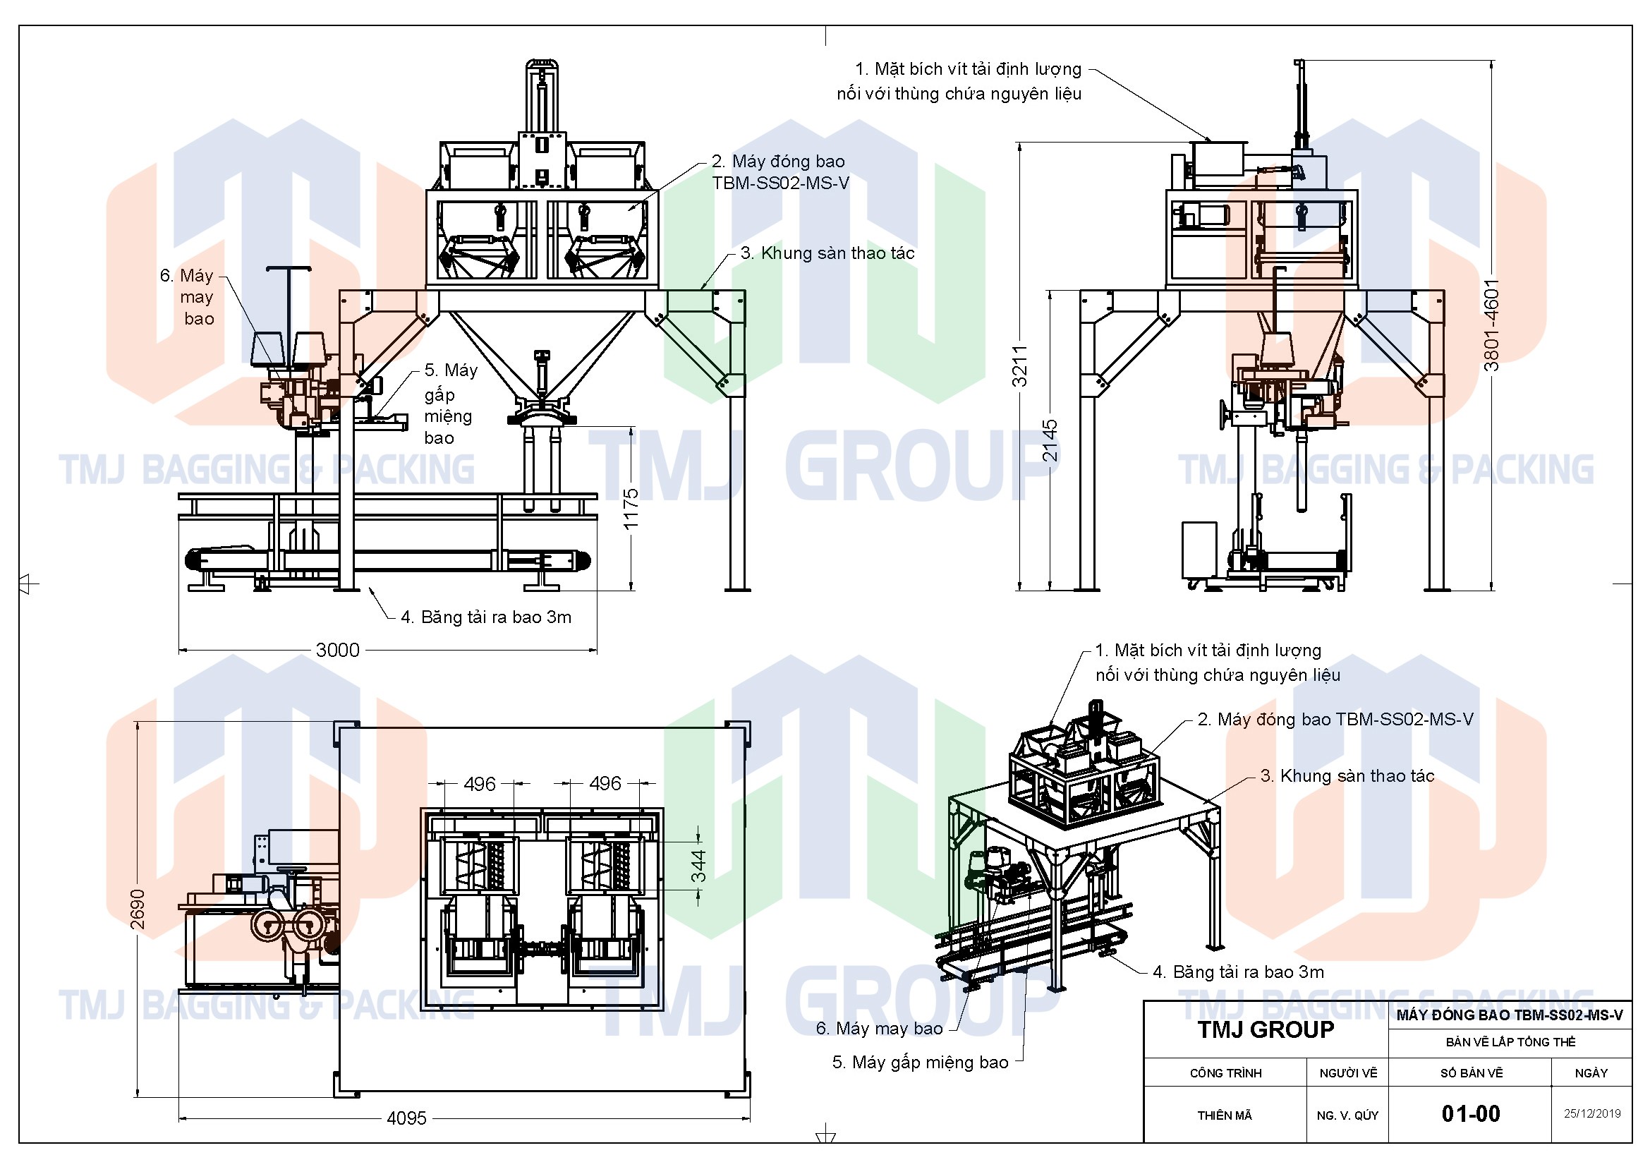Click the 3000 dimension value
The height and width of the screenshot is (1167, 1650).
[x=337, y=650]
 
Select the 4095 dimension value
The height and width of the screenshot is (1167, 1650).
[x=406, y=1118]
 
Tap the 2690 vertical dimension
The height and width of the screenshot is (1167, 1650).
[x=138, y=909]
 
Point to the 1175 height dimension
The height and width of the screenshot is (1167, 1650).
[x=631, y=509]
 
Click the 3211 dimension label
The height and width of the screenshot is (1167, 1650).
[x=1020, y=365]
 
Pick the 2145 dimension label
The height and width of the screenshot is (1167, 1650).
[x=1050, y=440]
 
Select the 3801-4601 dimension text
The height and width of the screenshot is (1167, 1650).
[x=1492, y=325]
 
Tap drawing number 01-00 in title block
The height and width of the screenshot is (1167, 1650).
[x=1470, y=1114]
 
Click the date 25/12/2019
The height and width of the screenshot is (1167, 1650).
[x=1591, y=1113]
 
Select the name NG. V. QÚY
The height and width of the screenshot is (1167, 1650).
[x=1347, y=1115]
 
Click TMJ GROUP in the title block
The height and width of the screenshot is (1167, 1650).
[x=1266, y=1029]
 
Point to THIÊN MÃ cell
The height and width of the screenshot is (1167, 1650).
[x=1225, y=1115]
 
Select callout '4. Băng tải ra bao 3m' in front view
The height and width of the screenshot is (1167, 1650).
[x=486, y=617]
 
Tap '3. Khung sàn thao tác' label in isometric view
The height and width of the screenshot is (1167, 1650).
[x=1347, y=776]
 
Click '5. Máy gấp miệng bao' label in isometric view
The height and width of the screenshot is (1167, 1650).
[x=920, y=1062]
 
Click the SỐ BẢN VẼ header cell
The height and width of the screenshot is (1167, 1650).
[x=1471, y=1073]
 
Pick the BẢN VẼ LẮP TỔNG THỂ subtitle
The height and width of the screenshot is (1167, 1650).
[x=1510, y=1042]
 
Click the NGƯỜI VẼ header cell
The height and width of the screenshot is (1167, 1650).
[x=1348, y=1073]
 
